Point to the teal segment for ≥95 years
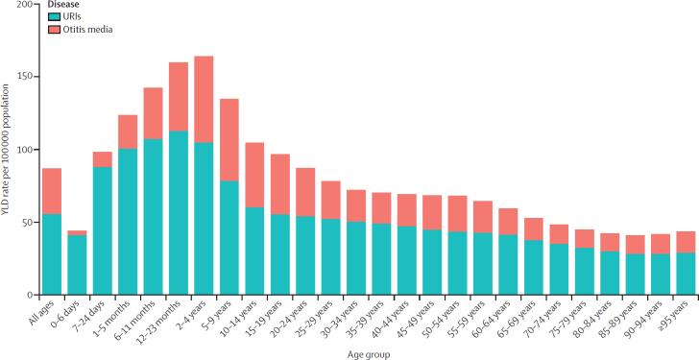686,273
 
